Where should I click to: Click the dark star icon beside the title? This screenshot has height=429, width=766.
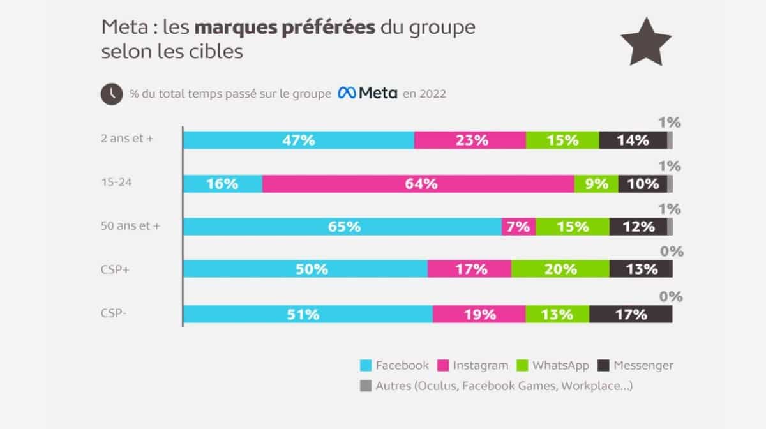646,41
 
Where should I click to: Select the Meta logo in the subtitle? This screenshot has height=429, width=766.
367,93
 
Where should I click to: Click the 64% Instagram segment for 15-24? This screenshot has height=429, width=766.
418,184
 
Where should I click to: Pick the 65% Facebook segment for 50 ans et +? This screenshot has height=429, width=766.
342,227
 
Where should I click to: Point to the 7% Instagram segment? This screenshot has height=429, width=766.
518,227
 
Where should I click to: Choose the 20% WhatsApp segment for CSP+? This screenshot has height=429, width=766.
560,269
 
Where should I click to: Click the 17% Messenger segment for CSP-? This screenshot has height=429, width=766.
631,314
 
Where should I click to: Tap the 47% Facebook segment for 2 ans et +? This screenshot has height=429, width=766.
299,140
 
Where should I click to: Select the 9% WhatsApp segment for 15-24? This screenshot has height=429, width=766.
596,184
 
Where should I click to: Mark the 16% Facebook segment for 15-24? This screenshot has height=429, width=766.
223,184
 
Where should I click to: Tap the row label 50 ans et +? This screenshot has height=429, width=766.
130,225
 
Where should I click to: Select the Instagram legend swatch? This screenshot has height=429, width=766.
443,366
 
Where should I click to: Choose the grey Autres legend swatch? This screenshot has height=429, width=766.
366,386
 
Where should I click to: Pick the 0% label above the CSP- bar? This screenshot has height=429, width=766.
671,297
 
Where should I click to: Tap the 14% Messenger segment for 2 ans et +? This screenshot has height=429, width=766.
633,140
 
